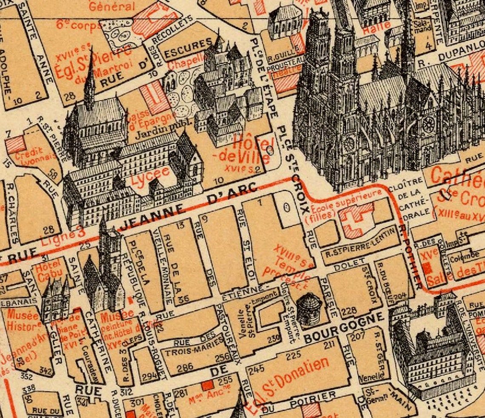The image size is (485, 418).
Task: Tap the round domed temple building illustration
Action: (309, 308)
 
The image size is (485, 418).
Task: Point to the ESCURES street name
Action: (188, 44)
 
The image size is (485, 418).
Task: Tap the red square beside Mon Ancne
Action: (207, 386)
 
